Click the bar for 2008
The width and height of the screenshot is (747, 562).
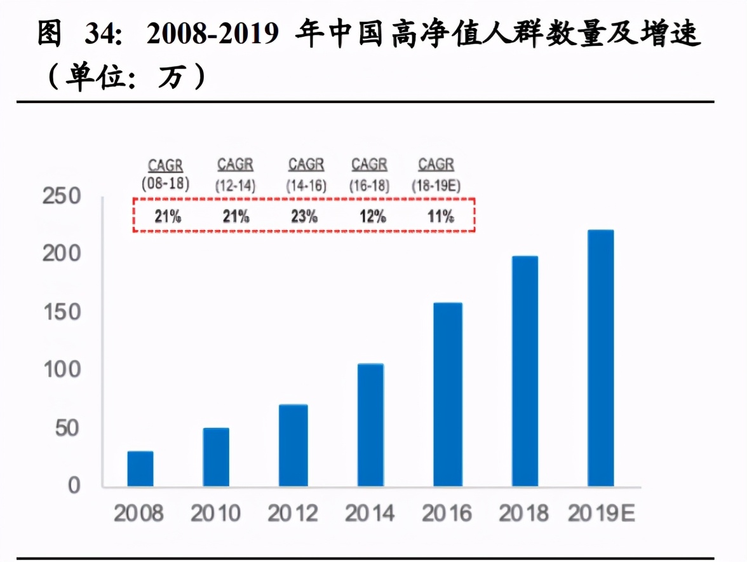pyautogui.click(x=140, y=469)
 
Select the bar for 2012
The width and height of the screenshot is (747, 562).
pyautogui.click(x=293, y=446)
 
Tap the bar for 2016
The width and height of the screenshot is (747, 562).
pyautogui.click(x=448, y=395)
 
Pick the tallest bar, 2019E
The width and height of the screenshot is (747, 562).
pyautogui.click(x=600, y=359)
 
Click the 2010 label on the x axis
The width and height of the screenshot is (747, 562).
pyautogui.click(x=216, y=513)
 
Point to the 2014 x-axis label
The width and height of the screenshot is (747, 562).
pyautogui.click(x=370, y=513)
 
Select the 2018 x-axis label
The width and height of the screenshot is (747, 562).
pyautogui.click(x=524, y=513)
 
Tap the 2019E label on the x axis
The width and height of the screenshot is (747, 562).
pyautogui.click(x=601, y=513)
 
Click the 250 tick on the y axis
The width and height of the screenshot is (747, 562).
pyautogui.click(x=62, y=197)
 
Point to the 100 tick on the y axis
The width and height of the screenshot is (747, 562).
pyautogui.click(x=62, y=370)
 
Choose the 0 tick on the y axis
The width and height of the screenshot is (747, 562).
pyautogui.click(x=74, y=486)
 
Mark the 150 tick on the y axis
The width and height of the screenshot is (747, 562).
pyautogui.click(x=62, y=312)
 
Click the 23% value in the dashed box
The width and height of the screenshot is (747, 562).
pyautogui.click(x=304, y=216)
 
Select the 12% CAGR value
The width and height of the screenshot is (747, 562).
pyautogui.click(x=373, y=216)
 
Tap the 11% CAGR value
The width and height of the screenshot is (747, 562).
pyautogui.click(x=440, y=216)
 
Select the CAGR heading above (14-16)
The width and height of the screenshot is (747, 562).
pyautogui.click(x=306, y=165)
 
